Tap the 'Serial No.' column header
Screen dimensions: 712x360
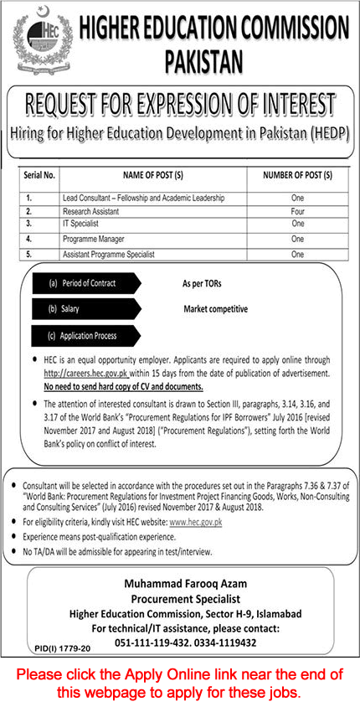tap(38, 176)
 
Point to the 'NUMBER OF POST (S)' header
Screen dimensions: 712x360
tap(297, 176)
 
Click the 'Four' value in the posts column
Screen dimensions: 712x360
tap(297, 211)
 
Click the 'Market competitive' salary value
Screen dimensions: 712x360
tap(216, 309)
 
